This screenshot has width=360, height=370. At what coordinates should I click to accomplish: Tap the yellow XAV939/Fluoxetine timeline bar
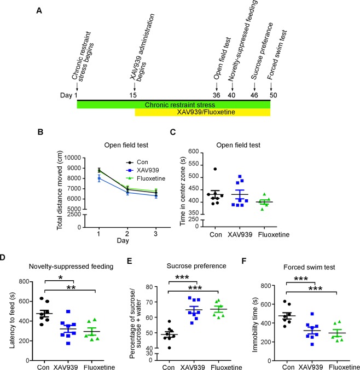coord(202,112)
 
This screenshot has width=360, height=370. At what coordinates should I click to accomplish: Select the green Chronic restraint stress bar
coord(173,104)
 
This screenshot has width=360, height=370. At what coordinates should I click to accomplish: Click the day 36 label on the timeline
coord(217,95)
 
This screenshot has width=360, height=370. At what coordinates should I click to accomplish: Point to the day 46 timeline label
coord(254,95)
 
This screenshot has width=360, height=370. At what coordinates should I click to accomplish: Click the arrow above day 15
coord(134,86)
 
